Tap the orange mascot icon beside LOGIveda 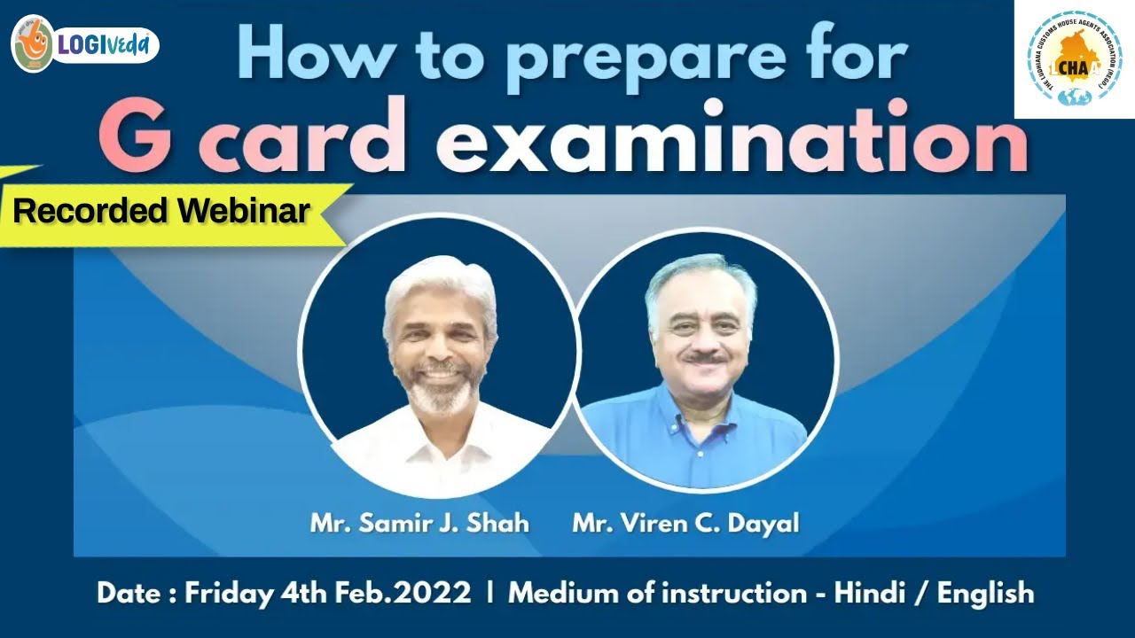pyautogui.click(x=33, y=43)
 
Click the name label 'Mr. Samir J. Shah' pyautogui.click(x=419, y=523)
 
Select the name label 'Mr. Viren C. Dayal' pyautogui.click(x=685, y=523)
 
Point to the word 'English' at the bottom pyautogui.click(x=985, y=593)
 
